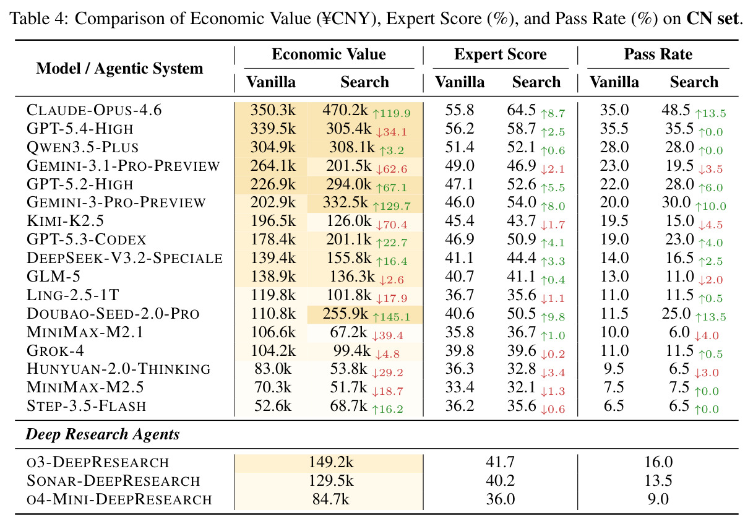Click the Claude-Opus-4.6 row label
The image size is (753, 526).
(x=94, y=110)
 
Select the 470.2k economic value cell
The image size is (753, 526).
(x=345, y=110)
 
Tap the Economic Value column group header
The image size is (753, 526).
(x=329, y=54)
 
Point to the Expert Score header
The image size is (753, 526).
(x=501, y=54)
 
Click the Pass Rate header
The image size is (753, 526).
(x=658, y=54)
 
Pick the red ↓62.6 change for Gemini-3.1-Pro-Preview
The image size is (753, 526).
(x=391, y=169)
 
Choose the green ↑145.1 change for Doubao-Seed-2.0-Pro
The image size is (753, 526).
(x=391, y=317)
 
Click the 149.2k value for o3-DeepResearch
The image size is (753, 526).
(x=331, y=462)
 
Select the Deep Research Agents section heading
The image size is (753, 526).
(x=103, y=434)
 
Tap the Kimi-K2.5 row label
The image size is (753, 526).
(x=65, y=221)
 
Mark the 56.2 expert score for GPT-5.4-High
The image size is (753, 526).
(x=460, y=129)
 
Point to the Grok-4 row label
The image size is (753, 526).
(x=55, y=350)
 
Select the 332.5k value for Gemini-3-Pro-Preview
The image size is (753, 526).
(x=346, y=202)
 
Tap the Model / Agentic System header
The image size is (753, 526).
(x=119, y=69)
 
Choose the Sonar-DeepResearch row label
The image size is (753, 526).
(x=113, y=481)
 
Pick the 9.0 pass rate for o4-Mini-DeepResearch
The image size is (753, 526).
(x=658, y=499)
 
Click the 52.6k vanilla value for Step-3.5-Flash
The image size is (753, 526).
(x=273, y=406)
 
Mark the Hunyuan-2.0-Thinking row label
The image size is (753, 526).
(x=119, y=369)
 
